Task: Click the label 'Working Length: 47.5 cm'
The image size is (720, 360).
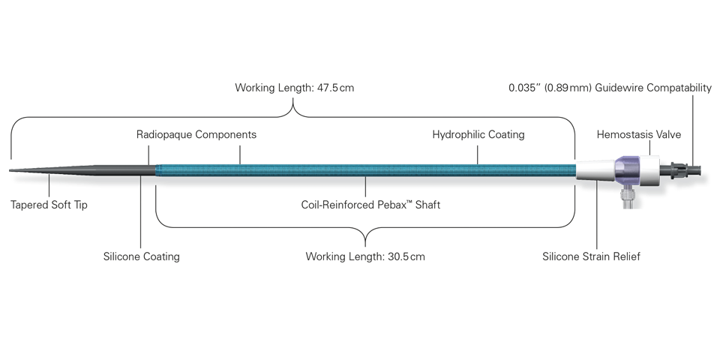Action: [294, 88]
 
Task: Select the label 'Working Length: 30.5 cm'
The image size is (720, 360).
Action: [365, 256]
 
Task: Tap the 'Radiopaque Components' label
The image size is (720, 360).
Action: [196, 134]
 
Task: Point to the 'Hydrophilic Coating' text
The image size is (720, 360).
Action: [478, 134]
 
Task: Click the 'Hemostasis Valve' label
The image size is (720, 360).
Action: [639, 134]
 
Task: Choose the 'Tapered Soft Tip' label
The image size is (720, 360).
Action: [49, 205]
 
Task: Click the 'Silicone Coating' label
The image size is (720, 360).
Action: [142, 256]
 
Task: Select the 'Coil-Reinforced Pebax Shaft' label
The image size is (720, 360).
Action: [370, 205]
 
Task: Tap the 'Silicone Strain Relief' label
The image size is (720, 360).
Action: [591, 256]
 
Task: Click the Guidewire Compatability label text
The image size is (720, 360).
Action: [610, 88]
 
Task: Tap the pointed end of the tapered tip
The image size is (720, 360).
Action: [10, 170]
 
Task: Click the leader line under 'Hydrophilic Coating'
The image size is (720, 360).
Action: [478, 154]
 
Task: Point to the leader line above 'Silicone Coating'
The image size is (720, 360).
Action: [140, 211]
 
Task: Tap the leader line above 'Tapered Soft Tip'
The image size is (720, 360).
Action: [49, 185]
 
